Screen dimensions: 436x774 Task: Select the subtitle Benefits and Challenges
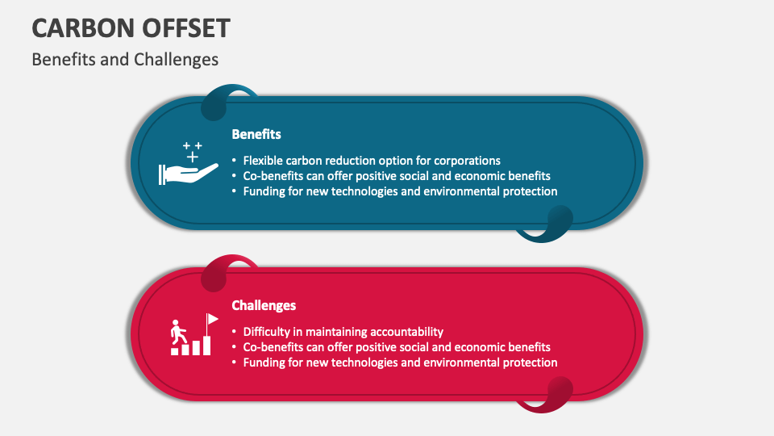click(125, 60)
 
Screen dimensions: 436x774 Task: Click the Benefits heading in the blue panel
click(256, 134)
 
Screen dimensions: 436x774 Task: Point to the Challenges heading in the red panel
click(264, 305)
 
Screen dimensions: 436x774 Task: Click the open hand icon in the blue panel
click(189, 173)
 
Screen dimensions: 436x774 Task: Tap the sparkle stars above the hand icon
click(193, 149)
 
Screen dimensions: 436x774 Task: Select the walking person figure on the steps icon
click(177, 331)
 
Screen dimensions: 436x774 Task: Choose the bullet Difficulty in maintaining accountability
click(343, 331)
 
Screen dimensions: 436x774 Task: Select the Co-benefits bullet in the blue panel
click(396, 175)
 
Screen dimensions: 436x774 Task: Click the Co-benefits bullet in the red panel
click(396, 346)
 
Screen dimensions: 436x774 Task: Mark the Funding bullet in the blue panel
click(399, 191)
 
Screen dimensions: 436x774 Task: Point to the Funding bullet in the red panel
click(399, 363)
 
